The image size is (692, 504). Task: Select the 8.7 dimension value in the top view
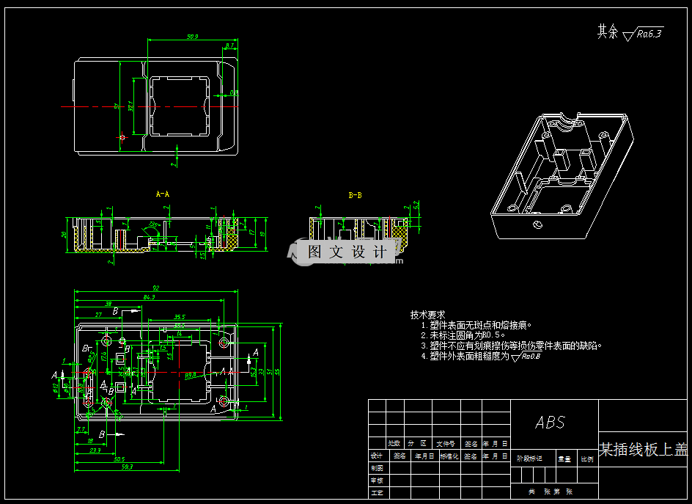coord(230,45)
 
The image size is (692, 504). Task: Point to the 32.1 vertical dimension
coord(131,106)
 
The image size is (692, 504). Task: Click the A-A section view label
coord(163,194)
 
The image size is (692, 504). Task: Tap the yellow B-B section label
coord(355,195)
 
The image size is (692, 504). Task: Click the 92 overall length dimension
coord(156,288)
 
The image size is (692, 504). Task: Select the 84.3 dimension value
coord(150,297)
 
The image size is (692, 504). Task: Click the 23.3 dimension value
coord(95,451)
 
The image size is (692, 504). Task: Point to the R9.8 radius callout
coord(190,375)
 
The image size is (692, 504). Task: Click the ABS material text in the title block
coord(550,423)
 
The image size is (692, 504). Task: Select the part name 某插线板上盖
coord(644,450)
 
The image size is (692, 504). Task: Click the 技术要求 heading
coord(427,315)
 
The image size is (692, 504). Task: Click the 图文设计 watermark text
coord(347,252)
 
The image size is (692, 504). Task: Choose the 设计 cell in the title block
coord(377,455)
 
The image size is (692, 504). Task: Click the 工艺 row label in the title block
coord(377,492)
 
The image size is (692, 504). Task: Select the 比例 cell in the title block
coord(587,459)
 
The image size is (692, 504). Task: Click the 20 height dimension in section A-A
coord(64,235)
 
